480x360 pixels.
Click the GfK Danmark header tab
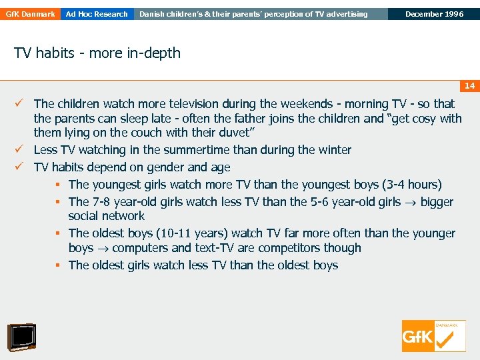point(30,14)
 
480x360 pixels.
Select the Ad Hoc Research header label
point(97,14)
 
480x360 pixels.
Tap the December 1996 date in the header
point(434,14)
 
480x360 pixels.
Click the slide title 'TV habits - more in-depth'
point(97,53)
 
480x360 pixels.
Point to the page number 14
point(469,86)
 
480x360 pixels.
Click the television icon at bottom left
point(21,337)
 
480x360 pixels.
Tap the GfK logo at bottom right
point(433,335)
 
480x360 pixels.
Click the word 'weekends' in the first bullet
point(308,104)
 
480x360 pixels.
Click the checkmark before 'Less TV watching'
point(22,150)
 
